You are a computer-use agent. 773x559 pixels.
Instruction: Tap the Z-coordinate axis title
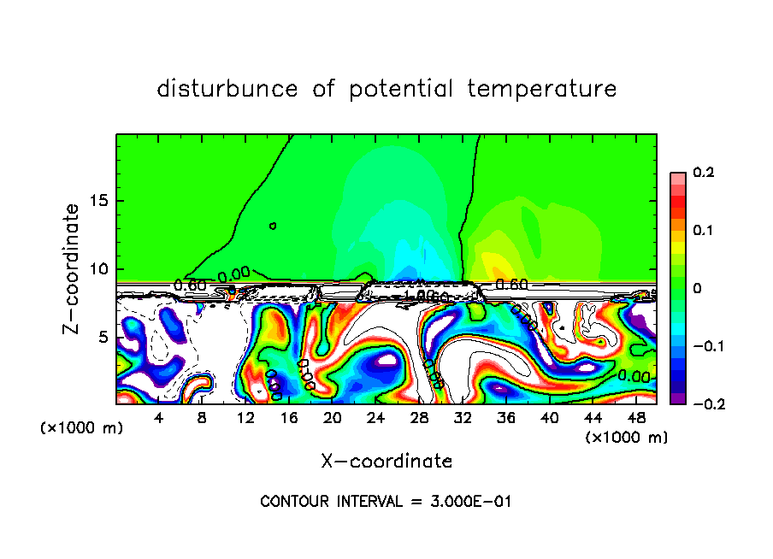74,268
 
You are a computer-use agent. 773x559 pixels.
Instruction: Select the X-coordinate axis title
386,462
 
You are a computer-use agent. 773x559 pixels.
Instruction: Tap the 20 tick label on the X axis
333,418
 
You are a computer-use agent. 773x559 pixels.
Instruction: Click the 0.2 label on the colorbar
703,173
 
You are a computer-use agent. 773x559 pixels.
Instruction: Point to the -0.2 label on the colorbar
700,403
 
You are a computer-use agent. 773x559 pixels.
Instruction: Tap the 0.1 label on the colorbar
703,231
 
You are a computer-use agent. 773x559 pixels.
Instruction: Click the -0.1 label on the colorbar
700,346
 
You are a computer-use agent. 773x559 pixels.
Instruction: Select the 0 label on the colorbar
696,289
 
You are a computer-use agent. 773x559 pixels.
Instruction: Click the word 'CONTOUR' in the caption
294,502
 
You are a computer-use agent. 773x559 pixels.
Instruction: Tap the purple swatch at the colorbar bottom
677,397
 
